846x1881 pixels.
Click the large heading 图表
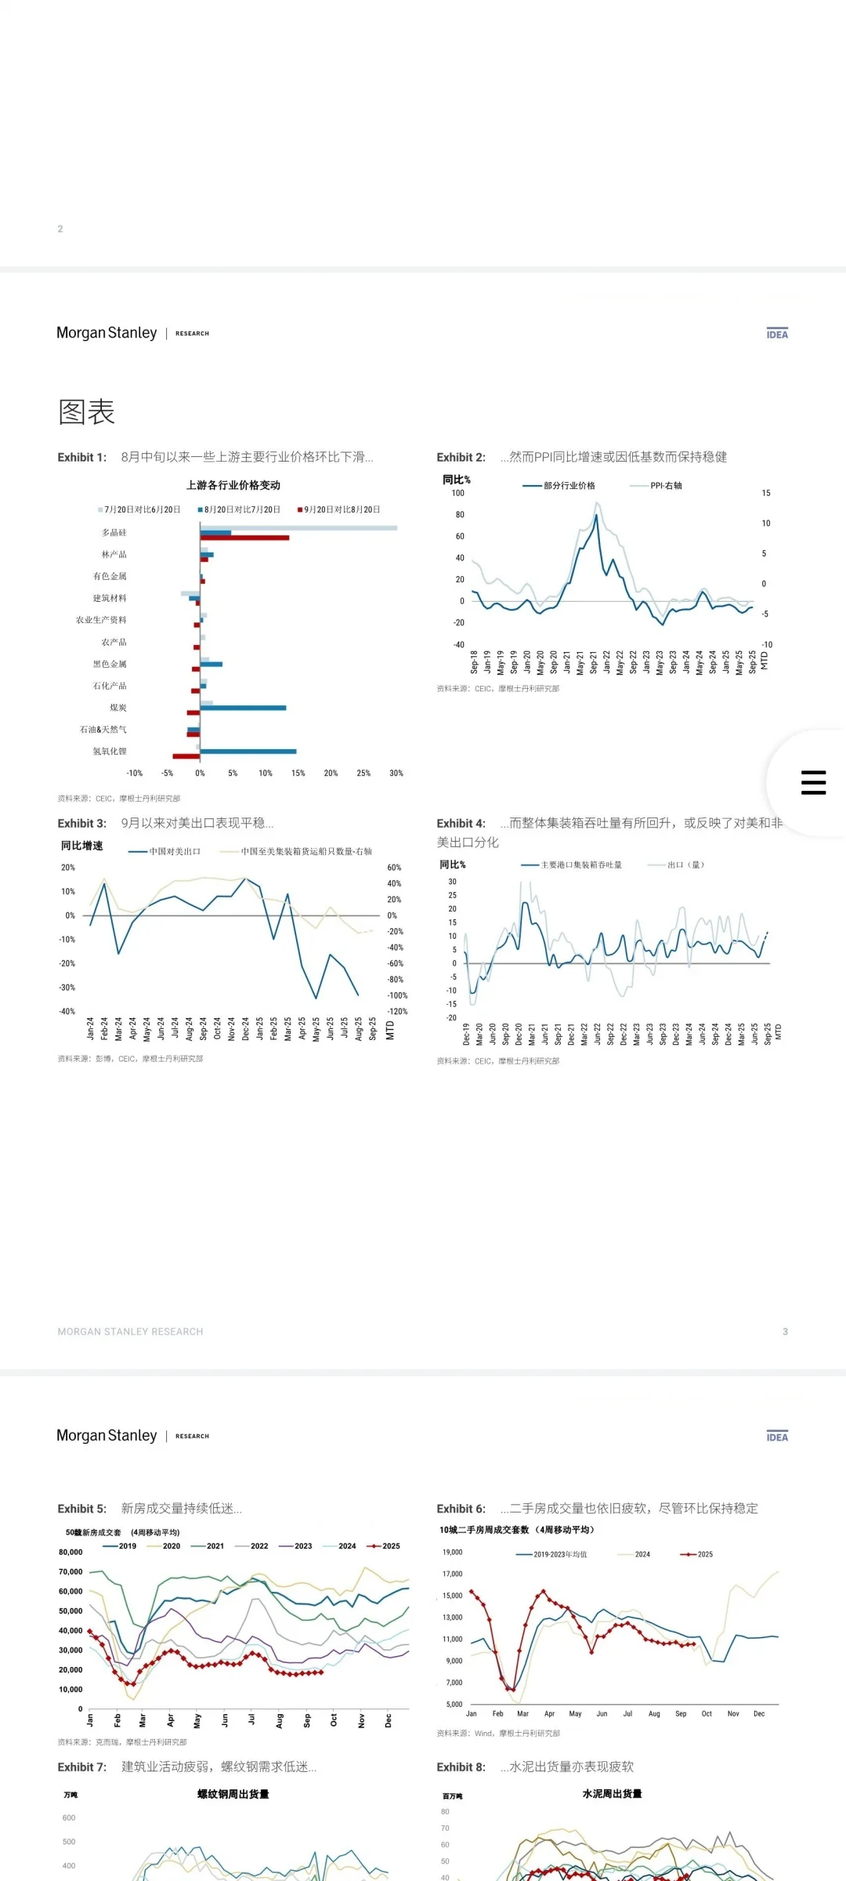(86, 412)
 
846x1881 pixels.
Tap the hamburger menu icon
(813, 782)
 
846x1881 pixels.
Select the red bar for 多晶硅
(244, 538)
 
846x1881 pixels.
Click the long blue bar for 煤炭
(243, 708)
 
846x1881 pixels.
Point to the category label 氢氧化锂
(110, 752)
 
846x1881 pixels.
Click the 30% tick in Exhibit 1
(396, 774)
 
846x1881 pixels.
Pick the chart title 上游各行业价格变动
(233, 486)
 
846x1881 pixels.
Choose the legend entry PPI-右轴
(666, 486)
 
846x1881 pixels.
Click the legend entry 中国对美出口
(175, 851)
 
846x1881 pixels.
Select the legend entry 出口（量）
(685, 865)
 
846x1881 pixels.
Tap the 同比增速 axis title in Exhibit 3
(82, 846)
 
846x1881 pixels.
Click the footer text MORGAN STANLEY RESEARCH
(130, 1332)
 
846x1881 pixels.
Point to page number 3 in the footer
(785, 1332)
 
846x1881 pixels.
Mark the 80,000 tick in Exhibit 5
(70, 1552)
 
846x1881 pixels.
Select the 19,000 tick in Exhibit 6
(453, 1552)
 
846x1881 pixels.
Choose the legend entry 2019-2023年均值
(560, 1554)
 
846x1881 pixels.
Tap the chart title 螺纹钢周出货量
(233, 1794)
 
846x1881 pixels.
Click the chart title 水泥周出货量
(612, 1793)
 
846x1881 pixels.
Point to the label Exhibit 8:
(461, 1767)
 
